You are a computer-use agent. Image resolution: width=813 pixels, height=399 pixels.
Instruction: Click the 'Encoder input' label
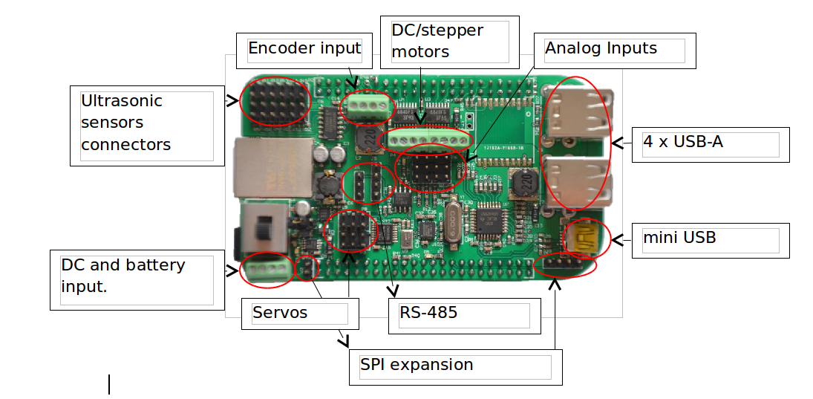coord(304,49)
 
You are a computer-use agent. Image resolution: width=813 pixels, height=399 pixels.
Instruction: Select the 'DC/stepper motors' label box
coord(450,42)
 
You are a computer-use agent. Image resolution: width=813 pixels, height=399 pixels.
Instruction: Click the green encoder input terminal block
coord(366,107)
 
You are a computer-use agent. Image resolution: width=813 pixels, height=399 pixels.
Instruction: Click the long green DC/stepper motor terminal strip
coord(425,139)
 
